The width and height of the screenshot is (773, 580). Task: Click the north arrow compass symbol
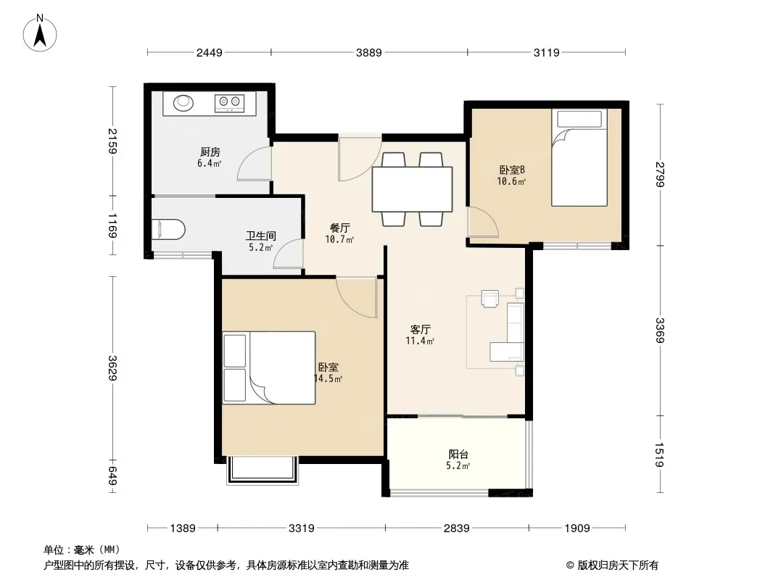(40, 33)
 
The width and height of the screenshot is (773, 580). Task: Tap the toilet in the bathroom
(168, 229)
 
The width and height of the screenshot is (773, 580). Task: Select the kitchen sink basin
(183, 102)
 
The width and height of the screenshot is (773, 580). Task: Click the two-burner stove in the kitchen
(229, 102)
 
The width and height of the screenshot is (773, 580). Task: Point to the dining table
(412, 189)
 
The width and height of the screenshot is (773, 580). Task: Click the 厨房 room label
(210, 152)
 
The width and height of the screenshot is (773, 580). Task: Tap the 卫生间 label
(261, 236)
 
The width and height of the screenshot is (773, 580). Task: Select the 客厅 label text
(421, 329)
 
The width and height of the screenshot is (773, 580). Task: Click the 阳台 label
(458, 455)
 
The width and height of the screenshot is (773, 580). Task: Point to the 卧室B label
(512, 170)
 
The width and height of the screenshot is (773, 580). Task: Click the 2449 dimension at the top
(209, 52)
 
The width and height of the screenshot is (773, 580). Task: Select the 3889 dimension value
(369, 52)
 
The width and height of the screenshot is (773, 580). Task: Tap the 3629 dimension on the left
(113, 368)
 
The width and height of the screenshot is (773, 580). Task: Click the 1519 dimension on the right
(660, 455)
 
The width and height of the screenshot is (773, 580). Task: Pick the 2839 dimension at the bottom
(457, 529)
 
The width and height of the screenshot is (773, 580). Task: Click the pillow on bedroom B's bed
(580, 119)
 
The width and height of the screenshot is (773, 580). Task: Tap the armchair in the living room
(490, 299)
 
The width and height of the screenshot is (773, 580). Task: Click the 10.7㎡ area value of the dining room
(339, 240)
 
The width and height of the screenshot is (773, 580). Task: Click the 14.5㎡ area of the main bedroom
(328, 379)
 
